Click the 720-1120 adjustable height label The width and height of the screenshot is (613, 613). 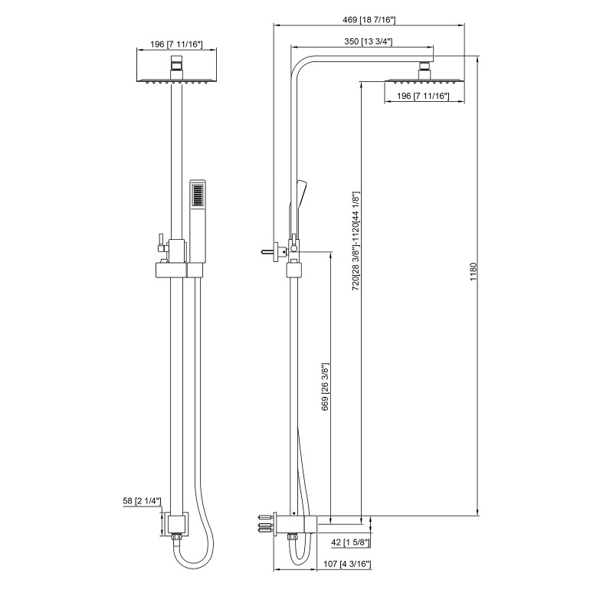pyautogui.click(x=356, y=239)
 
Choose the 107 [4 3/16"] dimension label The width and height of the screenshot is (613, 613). pyautogui.click(x=346, y=565)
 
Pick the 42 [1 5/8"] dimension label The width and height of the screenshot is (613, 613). pyautogui.click(x=346, y=543)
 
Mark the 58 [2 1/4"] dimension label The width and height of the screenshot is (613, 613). pyautogui.click(x=140, y=501)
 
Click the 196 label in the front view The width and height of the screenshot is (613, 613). pyautogui.click(x=175, y=44)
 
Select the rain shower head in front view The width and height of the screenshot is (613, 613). pyautogui.click(x=175, y=77)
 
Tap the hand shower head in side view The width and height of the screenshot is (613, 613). pyautogui.click(x=300, y=192)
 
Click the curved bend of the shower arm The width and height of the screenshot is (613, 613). pyautogui.click(x=302, y=64)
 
